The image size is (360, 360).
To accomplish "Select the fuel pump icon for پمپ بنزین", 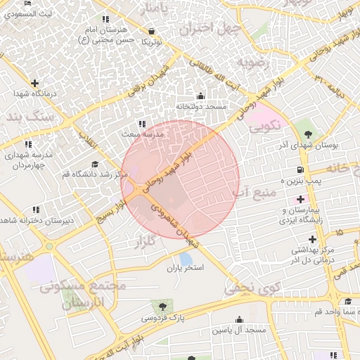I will (300, 170).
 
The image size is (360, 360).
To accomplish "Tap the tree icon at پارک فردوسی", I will (163, 307).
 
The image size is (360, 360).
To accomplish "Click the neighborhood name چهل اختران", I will (210, 30).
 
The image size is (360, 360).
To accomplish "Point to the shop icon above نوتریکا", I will (153, 31).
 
